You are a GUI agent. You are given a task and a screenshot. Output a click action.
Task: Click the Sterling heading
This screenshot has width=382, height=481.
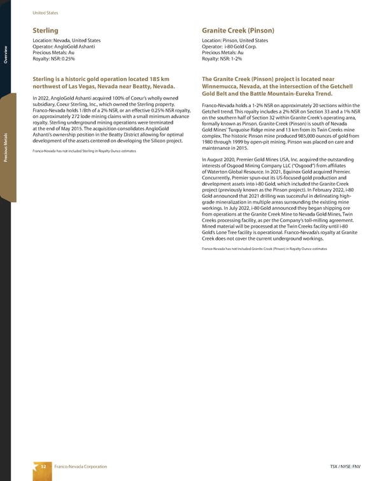(x=45, y=30)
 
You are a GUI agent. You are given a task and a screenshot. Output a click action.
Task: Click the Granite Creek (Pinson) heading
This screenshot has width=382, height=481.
(x=237, y=30)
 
